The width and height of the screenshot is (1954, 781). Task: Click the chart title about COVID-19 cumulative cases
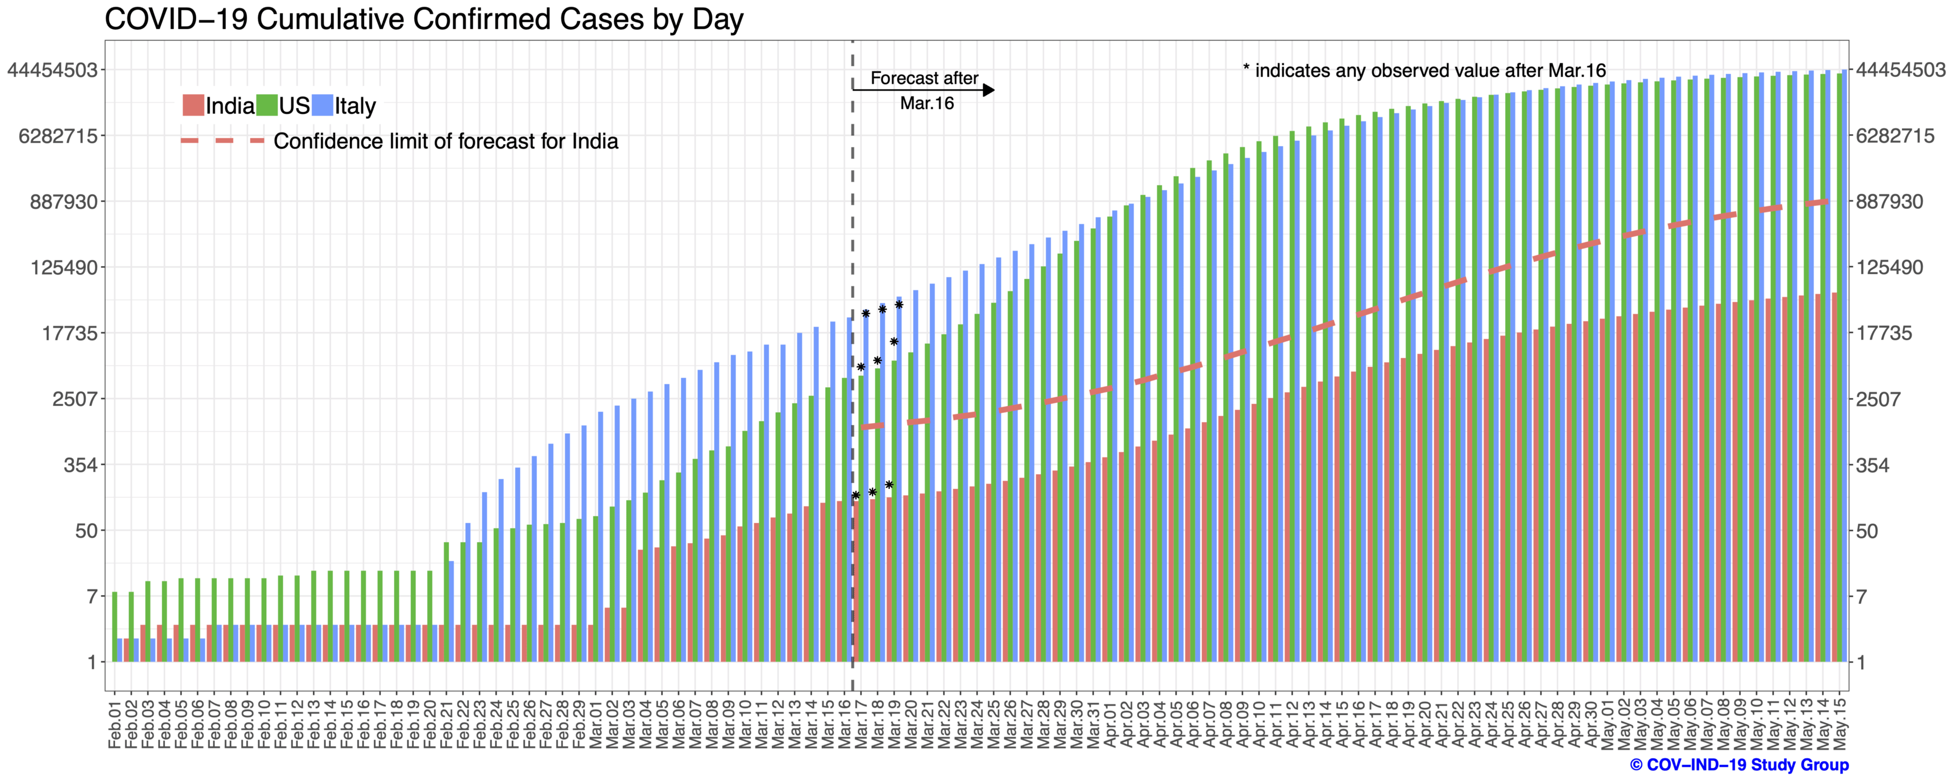[423, 19]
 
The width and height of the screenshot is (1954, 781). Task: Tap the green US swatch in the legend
[267, 105]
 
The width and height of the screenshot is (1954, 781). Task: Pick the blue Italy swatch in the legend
[323, 105]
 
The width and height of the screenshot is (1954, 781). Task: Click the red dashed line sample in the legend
[222, 141]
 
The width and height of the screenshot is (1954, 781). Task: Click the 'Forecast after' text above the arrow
[924, 78]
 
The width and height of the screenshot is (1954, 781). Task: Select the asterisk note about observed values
[1424, 70]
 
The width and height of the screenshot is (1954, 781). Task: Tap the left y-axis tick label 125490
[64, 267]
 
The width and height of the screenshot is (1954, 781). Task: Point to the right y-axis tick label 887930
[1889, 202]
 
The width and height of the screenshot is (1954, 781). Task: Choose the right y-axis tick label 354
[1872, 465]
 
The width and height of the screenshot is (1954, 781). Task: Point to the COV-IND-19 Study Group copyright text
[1740, 765]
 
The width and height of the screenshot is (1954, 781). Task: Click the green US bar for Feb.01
[114, 626]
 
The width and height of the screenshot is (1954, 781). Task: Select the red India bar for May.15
[1834, 478]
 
